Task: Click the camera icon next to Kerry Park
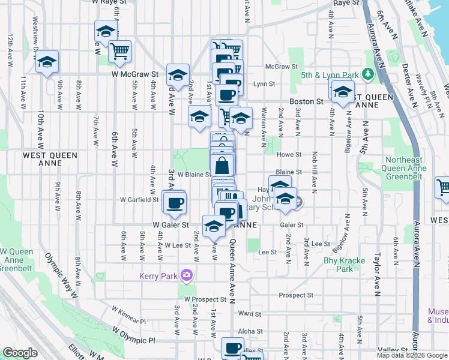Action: click(187, 275)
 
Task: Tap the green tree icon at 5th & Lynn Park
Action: click(367, 75)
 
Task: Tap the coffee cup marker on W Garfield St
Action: click(174, 203)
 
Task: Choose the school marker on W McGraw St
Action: click(178, 75)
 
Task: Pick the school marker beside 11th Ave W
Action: click(47, 63)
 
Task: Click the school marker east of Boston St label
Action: click(343, 92)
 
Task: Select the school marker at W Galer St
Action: click(214, 226)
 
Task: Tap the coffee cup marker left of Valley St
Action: click(232, 347)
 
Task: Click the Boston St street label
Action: click(306, 102)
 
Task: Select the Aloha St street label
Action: click(250, 331)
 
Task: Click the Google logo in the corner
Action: click(20, 353)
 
